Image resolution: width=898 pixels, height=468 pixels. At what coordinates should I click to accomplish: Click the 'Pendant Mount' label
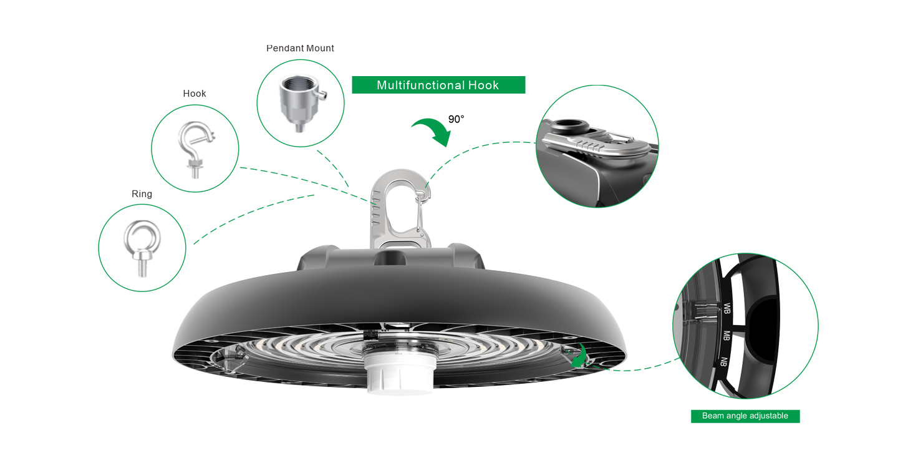click(x=300, y=48)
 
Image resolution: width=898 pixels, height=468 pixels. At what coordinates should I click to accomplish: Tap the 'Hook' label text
click(x=195, y=94)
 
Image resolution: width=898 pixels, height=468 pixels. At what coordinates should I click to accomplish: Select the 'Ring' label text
click(x=142, y=193)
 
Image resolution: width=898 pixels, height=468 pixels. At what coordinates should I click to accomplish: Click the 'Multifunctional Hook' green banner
click(x=438, y=85)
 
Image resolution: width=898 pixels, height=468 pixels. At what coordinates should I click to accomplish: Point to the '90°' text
click(x=456, y=119)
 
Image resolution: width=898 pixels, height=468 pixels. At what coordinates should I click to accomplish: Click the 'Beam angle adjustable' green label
click(x=745, y=416)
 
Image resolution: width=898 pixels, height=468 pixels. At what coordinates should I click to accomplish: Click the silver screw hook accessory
click(x=196, y=149)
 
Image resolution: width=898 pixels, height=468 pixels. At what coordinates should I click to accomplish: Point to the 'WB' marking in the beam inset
click(x=727, y=309)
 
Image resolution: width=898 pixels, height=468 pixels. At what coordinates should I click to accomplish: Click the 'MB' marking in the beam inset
click(x=726, y=336)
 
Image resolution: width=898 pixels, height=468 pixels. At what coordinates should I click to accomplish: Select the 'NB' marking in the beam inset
click(x=723, y=361)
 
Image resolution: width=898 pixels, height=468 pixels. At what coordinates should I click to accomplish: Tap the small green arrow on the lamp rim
click(x=580, y=356)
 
